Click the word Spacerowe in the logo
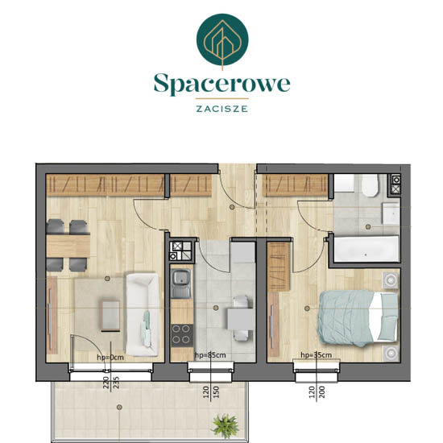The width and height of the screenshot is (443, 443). (x=222, y=84)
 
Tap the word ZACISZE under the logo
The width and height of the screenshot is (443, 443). (x=222, y=109)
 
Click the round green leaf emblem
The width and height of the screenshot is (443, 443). (x=222, y=39)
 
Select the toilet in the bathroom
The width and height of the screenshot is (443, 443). (x=371, y=185)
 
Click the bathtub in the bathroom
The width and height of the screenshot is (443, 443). (x=366, y=249)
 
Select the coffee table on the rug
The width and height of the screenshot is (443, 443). (x=110, y=316)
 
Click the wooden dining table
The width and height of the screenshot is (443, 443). (x=68, y=246)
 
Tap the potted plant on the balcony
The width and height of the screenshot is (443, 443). (x=226, y=426)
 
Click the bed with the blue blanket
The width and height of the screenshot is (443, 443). (x=358, y=318)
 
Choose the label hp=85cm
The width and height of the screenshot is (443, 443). (x=210, y=355)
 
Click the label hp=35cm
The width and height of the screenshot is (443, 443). (x=317, y=355)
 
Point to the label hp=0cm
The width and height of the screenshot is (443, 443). (x=110, y=358)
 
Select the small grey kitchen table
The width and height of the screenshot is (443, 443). (x=241, y=319)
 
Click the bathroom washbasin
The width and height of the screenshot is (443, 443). (x=391, y=213)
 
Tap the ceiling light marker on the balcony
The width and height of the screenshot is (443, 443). (x=119, y=407)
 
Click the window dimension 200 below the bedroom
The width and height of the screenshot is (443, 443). (x=322, y=392)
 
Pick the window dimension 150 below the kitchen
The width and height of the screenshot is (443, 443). (x=216, y=392)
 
